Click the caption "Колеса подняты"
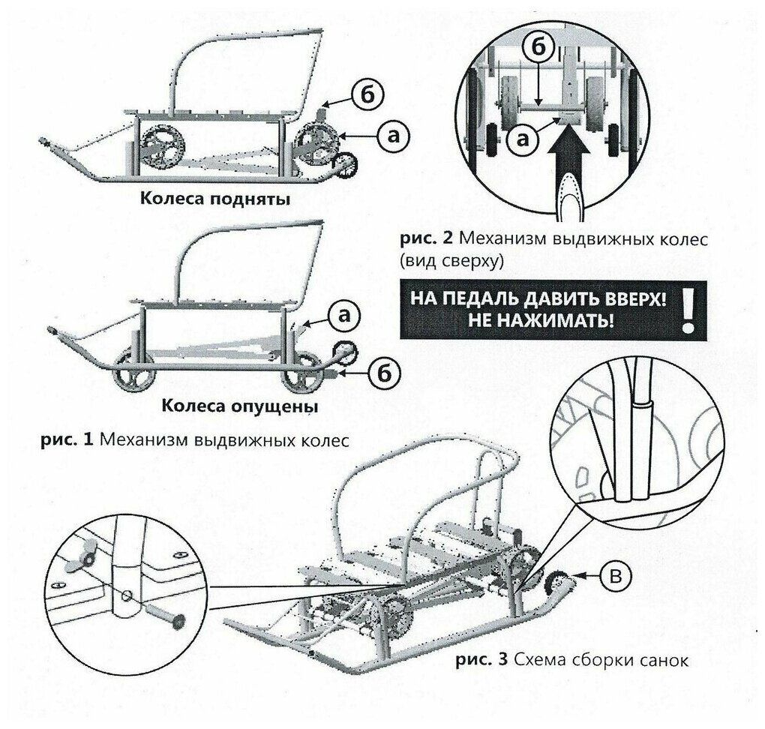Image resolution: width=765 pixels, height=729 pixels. point(214,200)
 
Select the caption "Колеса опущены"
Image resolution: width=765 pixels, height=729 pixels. point(239,406)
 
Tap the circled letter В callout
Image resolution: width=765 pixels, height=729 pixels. point(614,576)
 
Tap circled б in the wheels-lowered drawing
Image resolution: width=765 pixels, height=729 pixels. point(382,372)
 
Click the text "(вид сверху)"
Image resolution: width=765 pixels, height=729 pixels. point(450,260)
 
